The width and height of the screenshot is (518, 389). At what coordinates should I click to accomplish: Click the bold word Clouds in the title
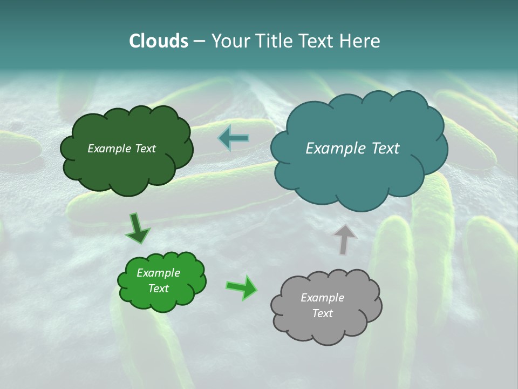point(159,41)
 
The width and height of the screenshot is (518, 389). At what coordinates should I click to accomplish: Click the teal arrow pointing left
point(234,138)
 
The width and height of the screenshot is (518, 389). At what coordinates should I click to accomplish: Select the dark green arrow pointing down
point(138,228)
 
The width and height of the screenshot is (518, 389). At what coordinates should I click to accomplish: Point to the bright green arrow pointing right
point(242,287)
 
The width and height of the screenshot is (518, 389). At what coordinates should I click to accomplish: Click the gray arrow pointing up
point(344,239)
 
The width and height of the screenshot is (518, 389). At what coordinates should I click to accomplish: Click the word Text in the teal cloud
point(385,149)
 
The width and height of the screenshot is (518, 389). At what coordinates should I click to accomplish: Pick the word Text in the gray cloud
point(322,313)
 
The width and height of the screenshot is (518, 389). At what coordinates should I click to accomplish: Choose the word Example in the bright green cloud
point(158,273)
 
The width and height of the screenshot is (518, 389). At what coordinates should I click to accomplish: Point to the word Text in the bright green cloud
point(158,289)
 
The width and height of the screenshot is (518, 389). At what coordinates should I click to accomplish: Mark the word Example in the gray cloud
point(322,298)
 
